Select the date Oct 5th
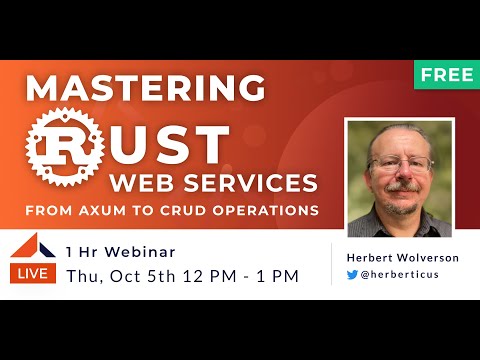[143, 276]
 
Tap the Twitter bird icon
[352, 274]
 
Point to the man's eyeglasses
[400, 163]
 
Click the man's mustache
[401, 186]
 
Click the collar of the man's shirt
[400, 215]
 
